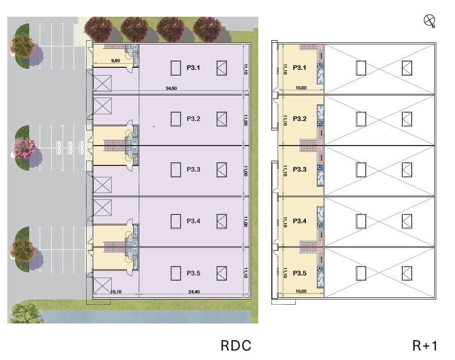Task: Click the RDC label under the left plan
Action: [236, 345]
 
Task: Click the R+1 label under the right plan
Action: [425, 345]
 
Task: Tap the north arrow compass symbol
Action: [429, 21]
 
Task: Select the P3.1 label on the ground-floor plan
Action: [194, 68]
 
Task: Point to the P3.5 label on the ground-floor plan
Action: [194, 273]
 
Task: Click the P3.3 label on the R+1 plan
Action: [300, 170]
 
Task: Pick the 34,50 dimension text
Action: [171, 89]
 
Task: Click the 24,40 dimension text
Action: [194, 292]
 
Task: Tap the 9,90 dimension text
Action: [116, 61]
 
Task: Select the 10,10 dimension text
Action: [116, 292]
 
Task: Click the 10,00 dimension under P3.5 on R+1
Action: [301, 292]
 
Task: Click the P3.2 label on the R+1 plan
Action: [300, 119]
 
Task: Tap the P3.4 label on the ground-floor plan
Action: [194, 221]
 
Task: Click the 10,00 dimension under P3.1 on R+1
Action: [301, 88]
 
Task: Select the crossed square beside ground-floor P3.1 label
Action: [222, 68]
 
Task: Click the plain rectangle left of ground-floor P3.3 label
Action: [176, 170]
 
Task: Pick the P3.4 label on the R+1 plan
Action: [300, 221]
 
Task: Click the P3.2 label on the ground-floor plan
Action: [194, 119]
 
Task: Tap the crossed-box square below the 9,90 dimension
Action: [102, 83]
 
